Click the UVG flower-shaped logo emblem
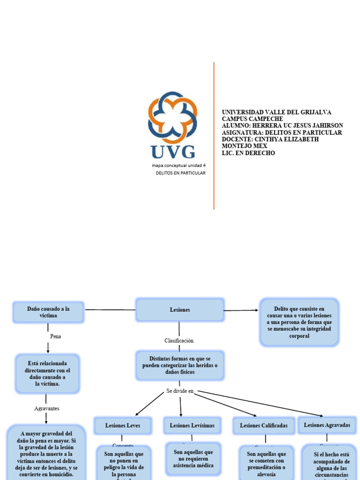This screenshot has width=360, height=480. pos(172,117)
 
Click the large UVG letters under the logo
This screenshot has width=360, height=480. pos(172,151)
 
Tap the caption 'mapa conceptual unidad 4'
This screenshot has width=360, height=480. pos(179,165)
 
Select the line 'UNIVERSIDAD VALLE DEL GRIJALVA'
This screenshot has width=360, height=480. pos(276,112)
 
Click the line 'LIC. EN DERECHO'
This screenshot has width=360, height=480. pos(248,153)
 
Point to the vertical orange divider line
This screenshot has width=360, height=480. pos(214,136)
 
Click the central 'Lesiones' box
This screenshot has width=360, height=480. pos(180,310)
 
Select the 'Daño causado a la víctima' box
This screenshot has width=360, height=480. pos(48,312)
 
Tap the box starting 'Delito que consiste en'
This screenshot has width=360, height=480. pos(299,322)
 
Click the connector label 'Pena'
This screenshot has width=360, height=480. pos(55,336)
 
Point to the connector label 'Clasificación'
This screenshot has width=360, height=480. pos(179,340)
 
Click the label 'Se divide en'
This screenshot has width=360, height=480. pos(180,391)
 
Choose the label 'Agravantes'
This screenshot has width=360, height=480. pos(47,408)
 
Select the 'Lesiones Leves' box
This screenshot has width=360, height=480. pos(123,426)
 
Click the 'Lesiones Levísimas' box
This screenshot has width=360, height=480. pos(192,426)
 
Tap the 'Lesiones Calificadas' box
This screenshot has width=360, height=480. pos(264,426)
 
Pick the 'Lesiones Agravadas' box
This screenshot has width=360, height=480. pos(327,425)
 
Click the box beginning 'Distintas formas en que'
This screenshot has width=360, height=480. pos(180,365)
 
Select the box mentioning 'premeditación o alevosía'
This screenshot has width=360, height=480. pos(266,464)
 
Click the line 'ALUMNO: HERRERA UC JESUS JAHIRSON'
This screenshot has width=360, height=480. pos(282,126)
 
